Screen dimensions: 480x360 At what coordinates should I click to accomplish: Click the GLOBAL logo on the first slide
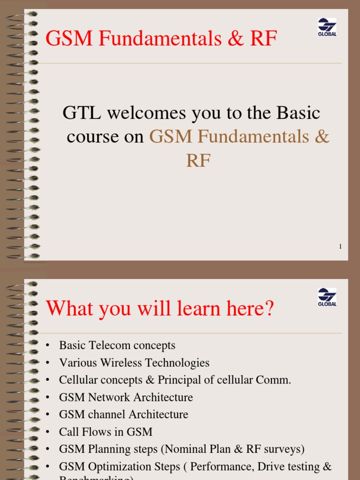[x=327, y=27]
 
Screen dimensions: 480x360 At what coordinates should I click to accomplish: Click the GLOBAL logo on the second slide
[x=327, y=297]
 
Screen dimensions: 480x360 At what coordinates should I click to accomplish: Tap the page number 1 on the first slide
[x=340, y=247]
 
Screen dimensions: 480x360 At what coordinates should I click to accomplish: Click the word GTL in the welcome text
[x=82, y=113]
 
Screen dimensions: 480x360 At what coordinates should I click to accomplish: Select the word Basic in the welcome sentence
[x=298, y=113]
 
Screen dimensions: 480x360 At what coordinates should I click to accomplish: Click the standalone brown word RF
[x=198, y=161]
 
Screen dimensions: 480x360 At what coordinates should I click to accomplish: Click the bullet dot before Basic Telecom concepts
[x=47, y=346]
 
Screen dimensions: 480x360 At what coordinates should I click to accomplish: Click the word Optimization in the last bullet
[x=120, y=466]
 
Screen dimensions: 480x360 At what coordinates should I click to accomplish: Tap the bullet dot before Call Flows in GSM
[x=47, y=432]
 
